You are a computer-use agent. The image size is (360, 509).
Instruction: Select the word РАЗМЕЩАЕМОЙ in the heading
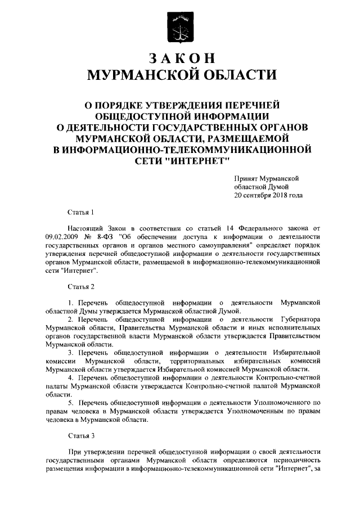click(x=245, y=137)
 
